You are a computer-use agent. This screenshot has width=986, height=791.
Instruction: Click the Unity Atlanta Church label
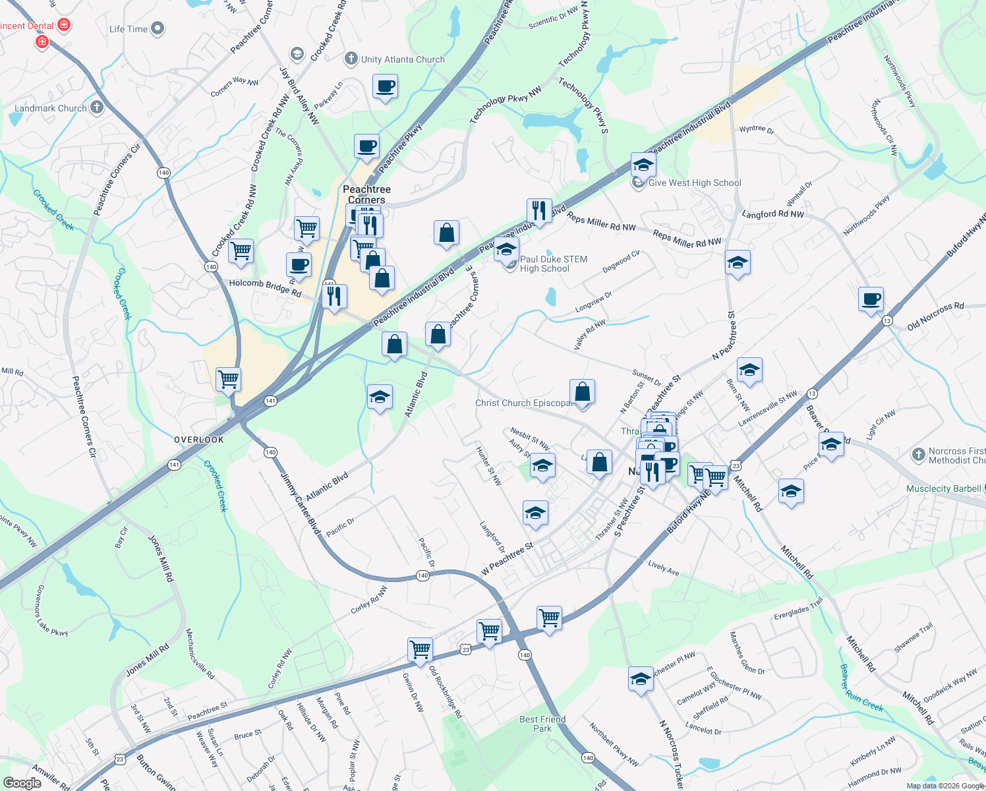[403, 59]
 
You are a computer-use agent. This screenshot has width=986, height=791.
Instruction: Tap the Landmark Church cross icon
[97, 107]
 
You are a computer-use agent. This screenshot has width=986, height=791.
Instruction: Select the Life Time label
[129, 29]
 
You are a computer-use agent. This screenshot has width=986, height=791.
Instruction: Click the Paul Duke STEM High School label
[553, 264]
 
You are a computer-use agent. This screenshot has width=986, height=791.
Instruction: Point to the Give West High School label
[695, 183]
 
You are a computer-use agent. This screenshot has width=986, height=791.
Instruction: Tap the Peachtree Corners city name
[366, 194]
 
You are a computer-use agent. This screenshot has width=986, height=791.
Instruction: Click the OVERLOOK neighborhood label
[199, 440]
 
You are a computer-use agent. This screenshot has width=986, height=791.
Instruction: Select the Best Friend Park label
[542, 724]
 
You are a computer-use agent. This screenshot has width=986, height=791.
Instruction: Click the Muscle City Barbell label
[943, 488]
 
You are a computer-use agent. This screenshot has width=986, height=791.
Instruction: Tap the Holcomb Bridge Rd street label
[265, 287]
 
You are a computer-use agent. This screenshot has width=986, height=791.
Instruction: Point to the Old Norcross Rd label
[935, 316]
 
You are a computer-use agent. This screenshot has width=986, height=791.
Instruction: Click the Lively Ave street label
[663, 567]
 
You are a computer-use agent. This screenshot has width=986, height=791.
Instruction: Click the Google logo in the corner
[22, 782]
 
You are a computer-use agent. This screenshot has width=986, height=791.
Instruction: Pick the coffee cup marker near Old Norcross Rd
[871, 299]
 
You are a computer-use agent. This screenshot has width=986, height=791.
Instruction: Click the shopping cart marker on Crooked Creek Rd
[241, 251]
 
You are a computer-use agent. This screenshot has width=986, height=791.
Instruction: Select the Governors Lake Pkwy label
[51, 610]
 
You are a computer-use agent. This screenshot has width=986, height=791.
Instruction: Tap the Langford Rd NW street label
[772, 214]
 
